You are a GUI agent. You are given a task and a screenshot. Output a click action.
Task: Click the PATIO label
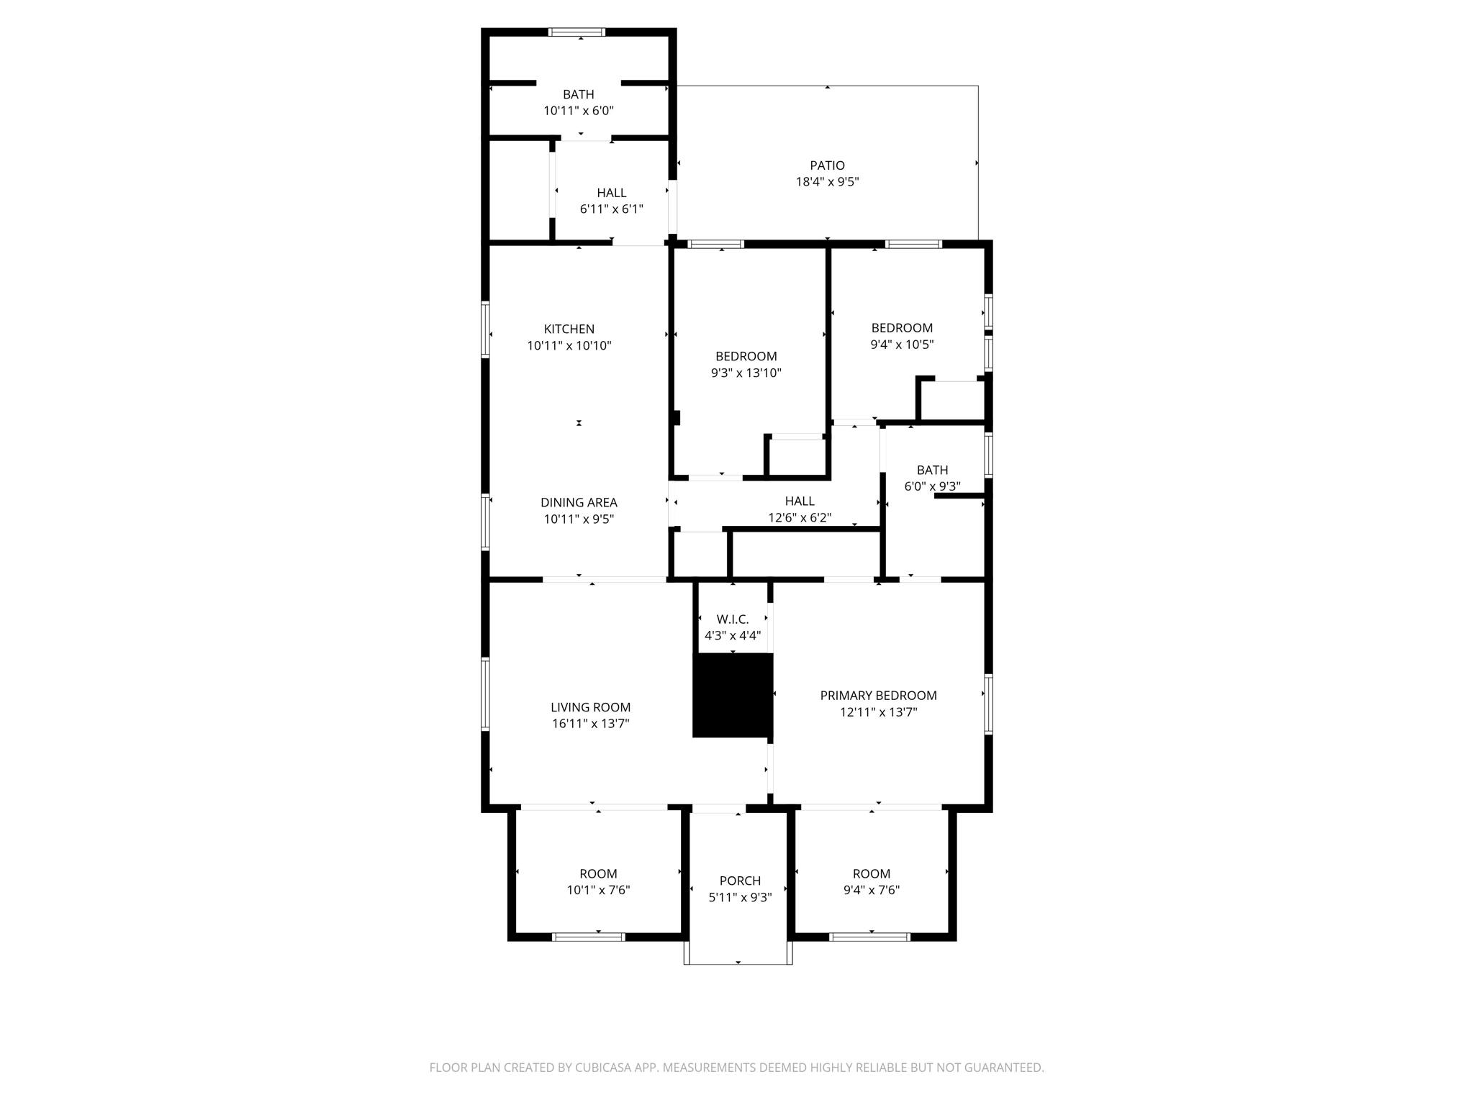click(x=827, y=165)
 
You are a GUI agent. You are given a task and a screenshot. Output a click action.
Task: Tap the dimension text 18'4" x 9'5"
click(x=827, y=182)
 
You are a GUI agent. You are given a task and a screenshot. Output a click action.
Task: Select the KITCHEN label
click(x=569, y=329)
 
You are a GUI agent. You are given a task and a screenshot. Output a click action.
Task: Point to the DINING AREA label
click(x=579, y=503)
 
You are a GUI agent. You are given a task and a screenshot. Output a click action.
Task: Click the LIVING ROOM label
click(x=590, y=707)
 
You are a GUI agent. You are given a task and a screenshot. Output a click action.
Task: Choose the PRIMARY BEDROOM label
click(x=878, y=696)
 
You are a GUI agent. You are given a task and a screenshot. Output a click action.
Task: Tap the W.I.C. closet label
click(x=732, y=619)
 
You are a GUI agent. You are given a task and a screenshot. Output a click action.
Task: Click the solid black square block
click(x=733, y=695)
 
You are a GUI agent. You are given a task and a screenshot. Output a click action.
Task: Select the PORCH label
click(x=740, y=881)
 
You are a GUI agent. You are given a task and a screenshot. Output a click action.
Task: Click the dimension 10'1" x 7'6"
click(x=598, y=890)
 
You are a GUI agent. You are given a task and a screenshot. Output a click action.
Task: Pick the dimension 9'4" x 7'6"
click(x=871, y=890)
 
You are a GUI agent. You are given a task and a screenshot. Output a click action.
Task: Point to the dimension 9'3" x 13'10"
click(x=746, y=373)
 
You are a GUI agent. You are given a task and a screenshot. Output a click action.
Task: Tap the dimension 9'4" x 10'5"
click(x=902, y=345)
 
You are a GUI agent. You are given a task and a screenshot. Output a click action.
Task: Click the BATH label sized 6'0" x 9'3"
click(x=932, y=470)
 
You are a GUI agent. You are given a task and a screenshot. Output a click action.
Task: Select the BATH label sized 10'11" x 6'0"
click(x=578, y=94)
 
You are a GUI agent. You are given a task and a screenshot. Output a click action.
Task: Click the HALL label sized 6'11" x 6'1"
click(x=611, y=193)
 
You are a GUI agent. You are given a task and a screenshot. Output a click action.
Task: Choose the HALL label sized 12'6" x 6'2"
click(x=800, y=501)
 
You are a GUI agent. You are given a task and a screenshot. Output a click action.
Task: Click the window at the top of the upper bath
click(x=577, y=32)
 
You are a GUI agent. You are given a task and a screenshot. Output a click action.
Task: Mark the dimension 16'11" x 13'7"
click(x=590, y=724)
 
